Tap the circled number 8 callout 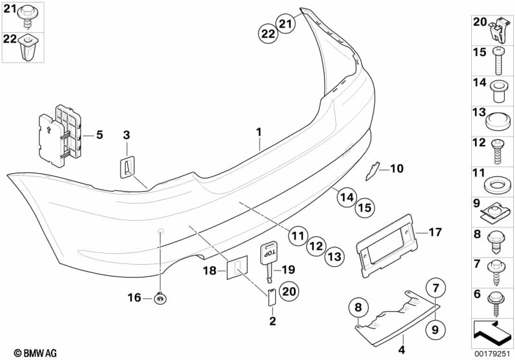pyautogui.click(x=359, y=307)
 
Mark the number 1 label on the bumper pyautogui.click(x=258, y=132)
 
